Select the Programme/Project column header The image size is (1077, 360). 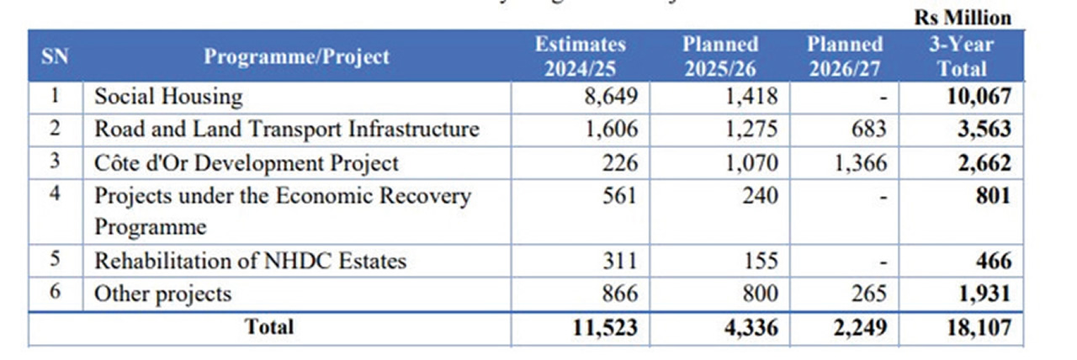point(297,56)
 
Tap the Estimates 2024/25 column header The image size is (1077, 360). point(581,56)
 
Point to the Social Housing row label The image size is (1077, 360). point(167,97)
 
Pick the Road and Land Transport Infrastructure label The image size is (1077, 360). point(286,130)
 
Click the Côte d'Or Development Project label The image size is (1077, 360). point(246,162)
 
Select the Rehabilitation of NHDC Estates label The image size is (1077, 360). point(250,261)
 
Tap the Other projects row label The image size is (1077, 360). point(162,294)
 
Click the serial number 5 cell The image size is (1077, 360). point(55,260)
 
